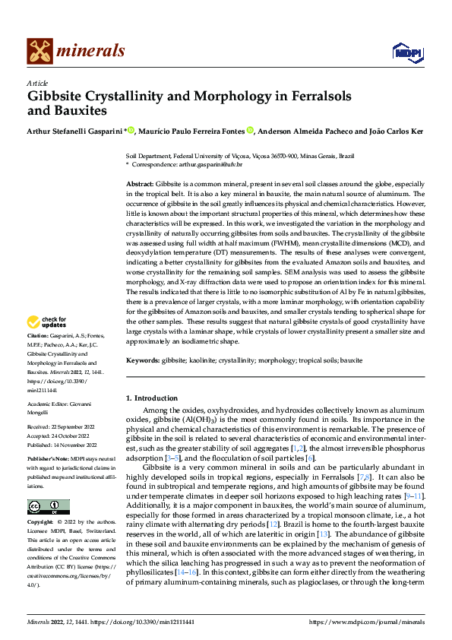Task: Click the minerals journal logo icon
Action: (40, 51)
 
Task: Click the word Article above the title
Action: (37, 83)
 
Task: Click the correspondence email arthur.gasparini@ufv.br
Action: (210, 164)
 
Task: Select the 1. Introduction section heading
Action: (155, 398)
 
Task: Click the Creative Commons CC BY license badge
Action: (49, 507)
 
